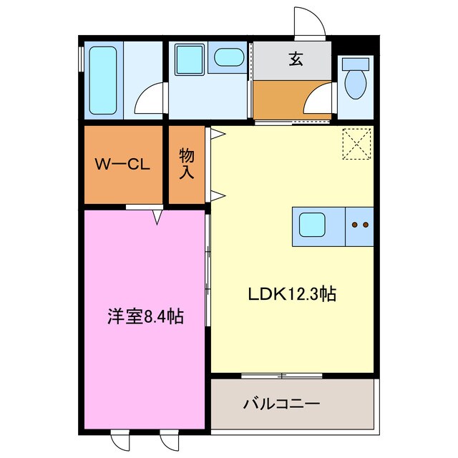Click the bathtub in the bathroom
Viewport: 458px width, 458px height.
tap(103, 80)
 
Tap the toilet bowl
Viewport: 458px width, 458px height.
tap(354, 84)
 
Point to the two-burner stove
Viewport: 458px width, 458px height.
tap(360, 225)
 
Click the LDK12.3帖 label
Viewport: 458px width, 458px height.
tap(292, 293)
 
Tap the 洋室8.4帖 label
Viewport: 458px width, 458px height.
tap(145, 316)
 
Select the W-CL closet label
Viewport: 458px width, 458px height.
tap(122, 165)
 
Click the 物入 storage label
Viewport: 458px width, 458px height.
tap(187, 164)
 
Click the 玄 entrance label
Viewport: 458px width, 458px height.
tap(296, 59)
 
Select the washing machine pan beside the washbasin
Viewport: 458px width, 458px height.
tap(190, 59)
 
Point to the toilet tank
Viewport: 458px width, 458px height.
tap(355, 64)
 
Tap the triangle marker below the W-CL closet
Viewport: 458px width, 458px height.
tap(157, 215)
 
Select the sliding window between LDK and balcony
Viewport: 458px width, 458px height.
tap(281, 375)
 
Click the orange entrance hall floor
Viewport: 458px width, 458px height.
tap(283, 99)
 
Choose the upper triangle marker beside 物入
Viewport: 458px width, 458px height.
tap(214, 133)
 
